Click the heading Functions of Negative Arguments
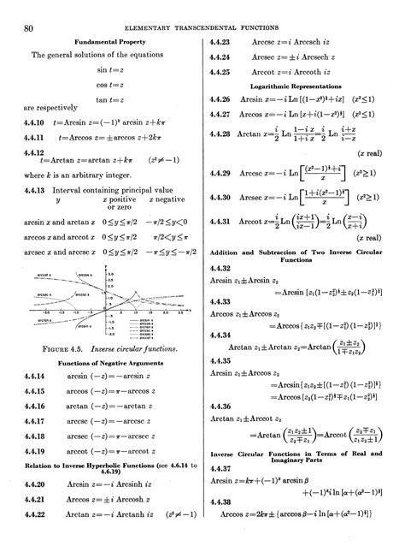tap(104, 363)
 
